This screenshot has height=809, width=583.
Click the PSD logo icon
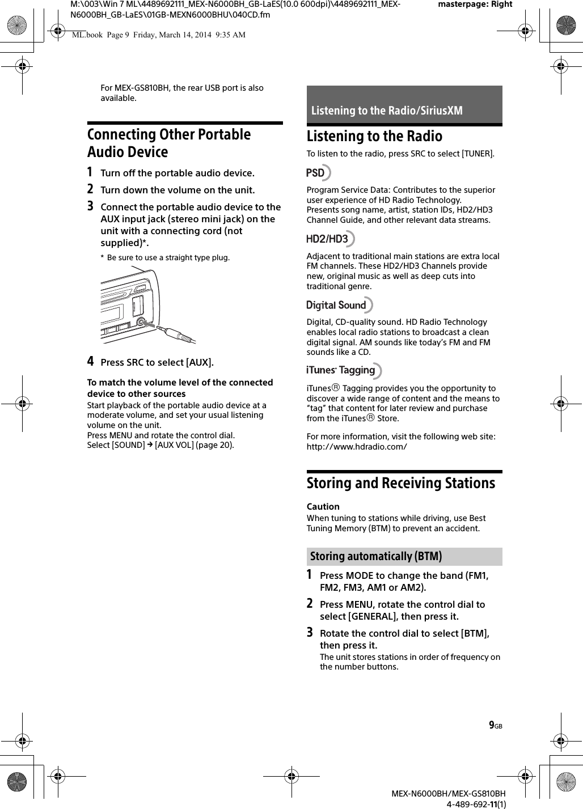click(318, 173)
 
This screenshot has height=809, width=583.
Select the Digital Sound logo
click(339, 305)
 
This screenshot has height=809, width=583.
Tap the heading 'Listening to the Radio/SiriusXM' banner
click(404, 110)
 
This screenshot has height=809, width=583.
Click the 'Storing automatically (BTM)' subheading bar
click(404, 556)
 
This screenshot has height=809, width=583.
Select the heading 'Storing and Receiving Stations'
click(401, 483)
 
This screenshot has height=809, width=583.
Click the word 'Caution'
click(323, 507)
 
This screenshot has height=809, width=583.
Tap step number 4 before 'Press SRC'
click(91, 362)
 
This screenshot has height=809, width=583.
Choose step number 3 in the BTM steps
click(310, 632)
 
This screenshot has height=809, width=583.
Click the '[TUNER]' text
click(478, 154)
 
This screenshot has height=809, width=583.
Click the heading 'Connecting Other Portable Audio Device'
click(169, 143)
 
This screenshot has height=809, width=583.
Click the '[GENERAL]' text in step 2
click(371, 616)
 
